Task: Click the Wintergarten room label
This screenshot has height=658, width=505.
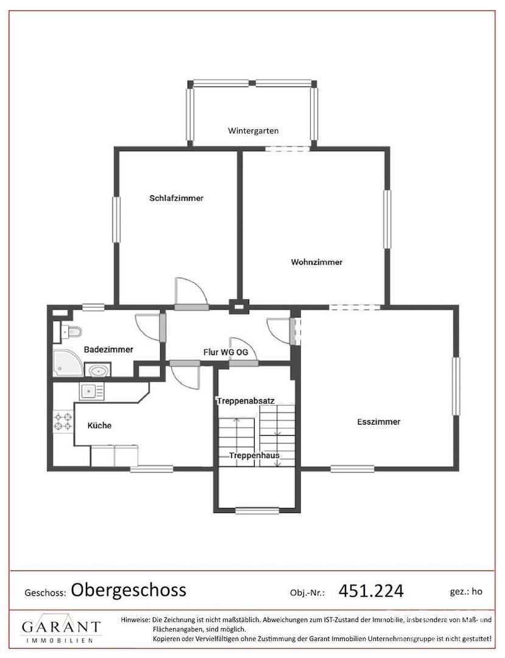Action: pos(253,130)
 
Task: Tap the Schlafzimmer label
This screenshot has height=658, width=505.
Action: pos(176,198)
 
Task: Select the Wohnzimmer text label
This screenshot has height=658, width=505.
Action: pos(317,262)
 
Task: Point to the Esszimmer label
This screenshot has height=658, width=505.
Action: pos(379,422)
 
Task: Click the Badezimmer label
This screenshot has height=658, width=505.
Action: pos(108,349)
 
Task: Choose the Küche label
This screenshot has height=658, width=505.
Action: pos(99,425)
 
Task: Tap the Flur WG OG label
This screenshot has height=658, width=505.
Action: pos(225,352)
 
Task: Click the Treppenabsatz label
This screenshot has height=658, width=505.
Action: pos(245,401)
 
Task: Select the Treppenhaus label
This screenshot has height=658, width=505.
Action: pos(254,455)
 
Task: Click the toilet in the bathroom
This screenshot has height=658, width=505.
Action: pos(71,331)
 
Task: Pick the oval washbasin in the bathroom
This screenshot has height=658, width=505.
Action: pos(99,371)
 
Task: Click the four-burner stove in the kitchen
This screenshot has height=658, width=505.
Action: pos(63,422)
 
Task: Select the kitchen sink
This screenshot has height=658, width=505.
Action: pos(91,391)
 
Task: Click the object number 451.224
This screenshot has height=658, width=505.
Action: pos(371,591)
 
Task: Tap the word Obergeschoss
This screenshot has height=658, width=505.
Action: pos(129,590)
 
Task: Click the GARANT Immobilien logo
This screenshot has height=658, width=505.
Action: pos(62,631)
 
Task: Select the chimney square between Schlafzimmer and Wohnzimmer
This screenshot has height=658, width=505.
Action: pos(239,306)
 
